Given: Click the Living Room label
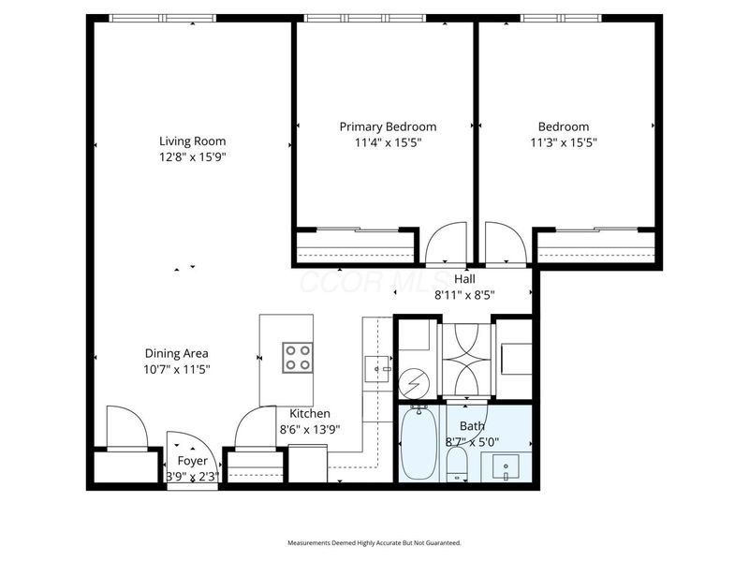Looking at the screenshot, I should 192,141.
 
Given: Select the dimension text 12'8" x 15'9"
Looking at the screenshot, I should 192,157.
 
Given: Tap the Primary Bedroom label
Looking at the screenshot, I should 388,126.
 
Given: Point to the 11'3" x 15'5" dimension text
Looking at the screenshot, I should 564,142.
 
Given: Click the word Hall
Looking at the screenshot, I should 464,279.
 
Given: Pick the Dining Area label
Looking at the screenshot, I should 176,353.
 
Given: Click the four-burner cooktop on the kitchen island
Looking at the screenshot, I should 298,357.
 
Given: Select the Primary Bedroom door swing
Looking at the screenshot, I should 445,245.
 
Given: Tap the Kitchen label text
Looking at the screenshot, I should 309,413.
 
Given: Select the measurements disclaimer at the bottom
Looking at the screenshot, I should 374,542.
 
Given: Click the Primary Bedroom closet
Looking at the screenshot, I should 355,248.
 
